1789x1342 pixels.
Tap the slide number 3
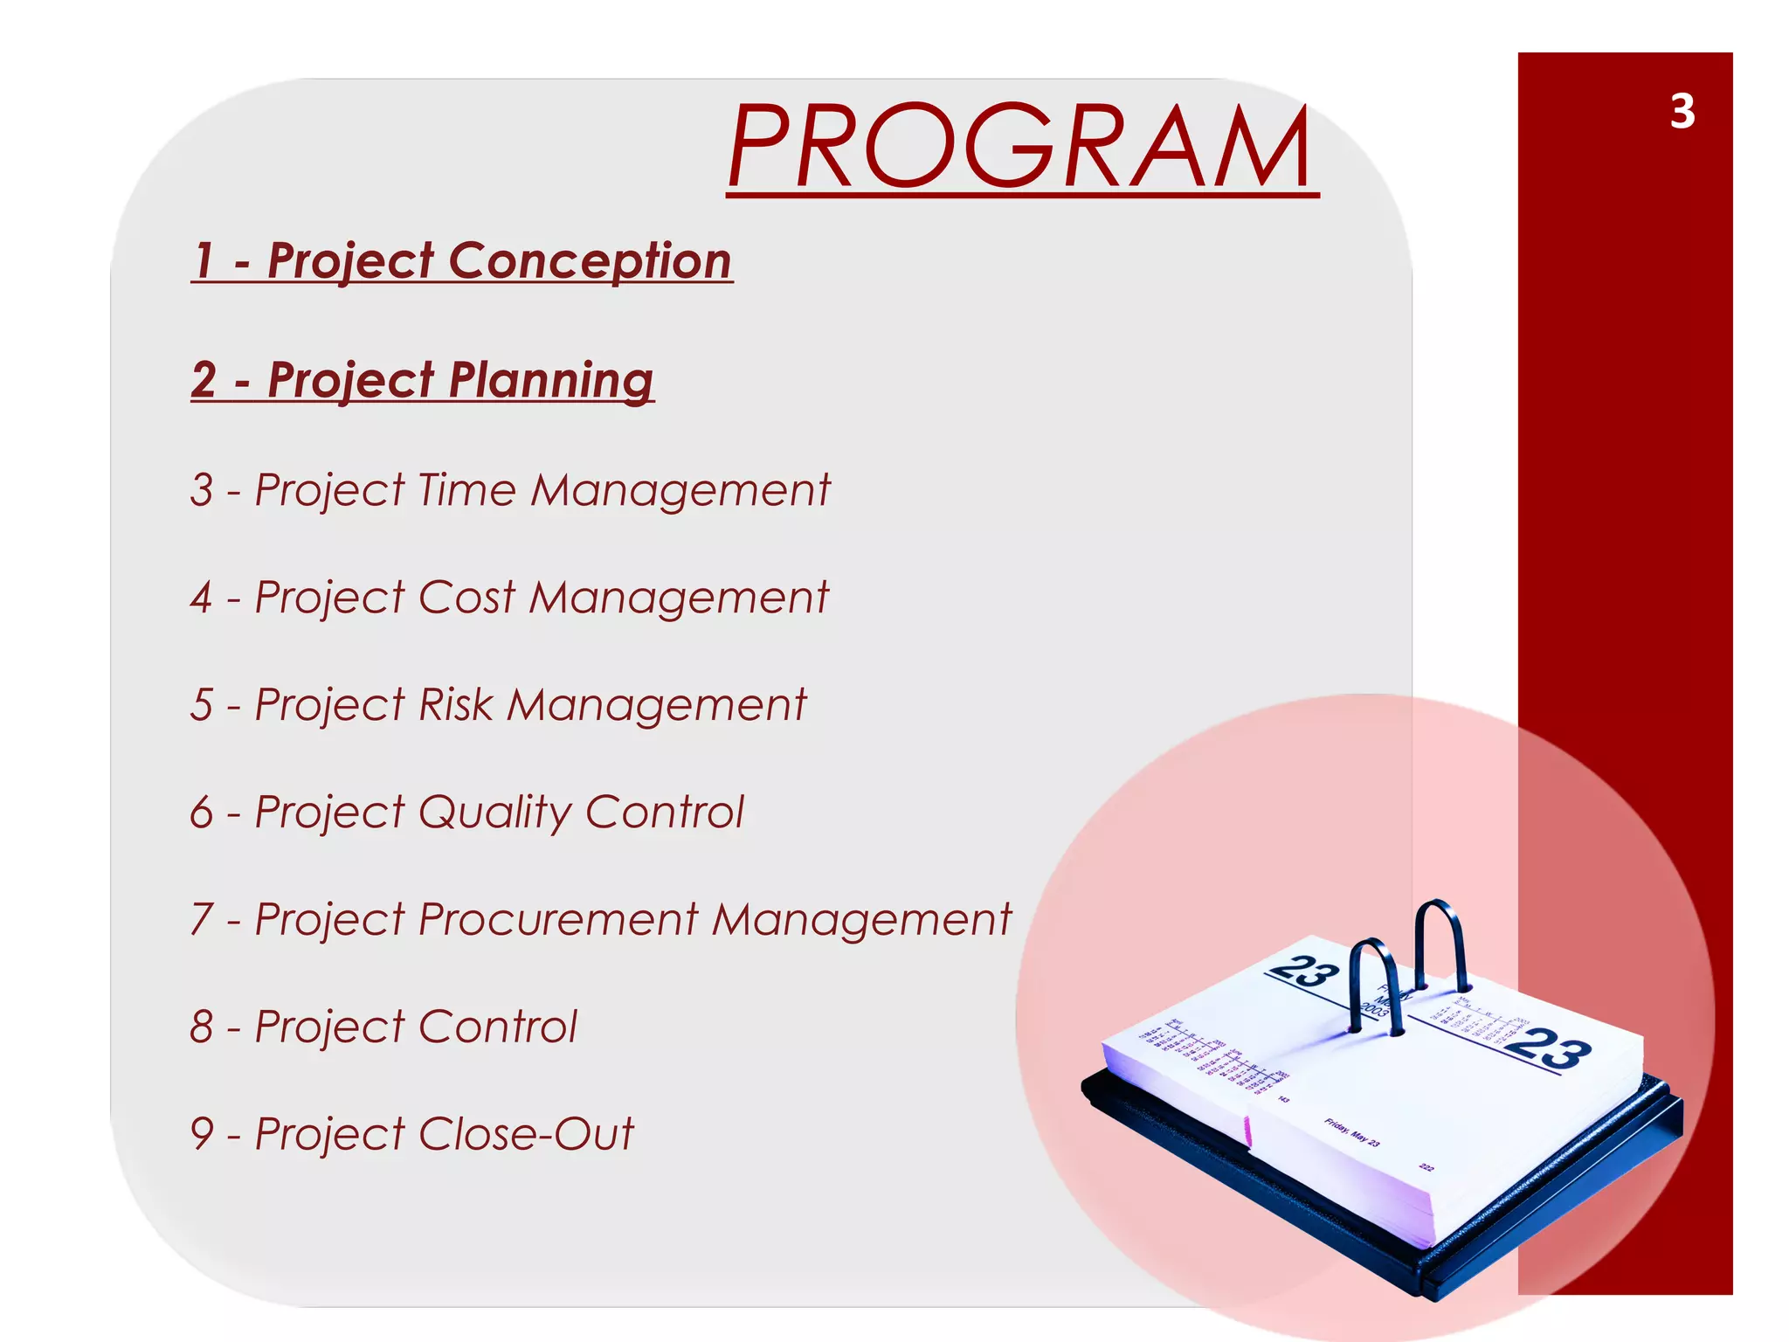pos(1682,112)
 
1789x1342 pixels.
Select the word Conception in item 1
pos(590,260)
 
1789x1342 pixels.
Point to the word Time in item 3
pos(467,489)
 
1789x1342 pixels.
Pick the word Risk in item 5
pos(455,704)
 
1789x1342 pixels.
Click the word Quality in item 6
pos(494,813)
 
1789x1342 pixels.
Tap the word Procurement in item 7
pos(558,919)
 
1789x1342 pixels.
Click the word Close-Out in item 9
pos(526,1133)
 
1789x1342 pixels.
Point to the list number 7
pos(202,919)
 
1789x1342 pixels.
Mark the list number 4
pos(202,598)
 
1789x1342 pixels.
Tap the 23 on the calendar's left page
pos(1303,971)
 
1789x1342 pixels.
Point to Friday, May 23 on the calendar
pos(1351,1131)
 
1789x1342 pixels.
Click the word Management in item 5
pos(656,704)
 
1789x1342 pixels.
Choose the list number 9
pos(202,1133)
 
